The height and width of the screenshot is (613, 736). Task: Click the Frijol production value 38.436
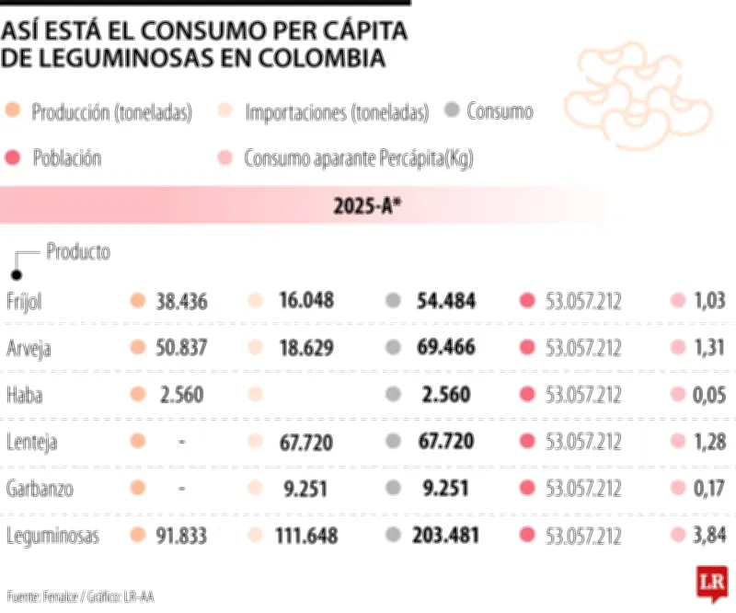coord(182,301)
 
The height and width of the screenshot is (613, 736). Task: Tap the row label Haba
coord(24,395)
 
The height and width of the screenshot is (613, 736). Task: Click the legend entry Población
coord(66,157)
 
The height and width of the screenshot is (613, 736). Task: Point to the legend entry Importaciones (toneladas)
coord(337,113)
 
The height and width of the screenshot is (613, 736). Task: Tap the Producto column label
coord(78,251)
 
